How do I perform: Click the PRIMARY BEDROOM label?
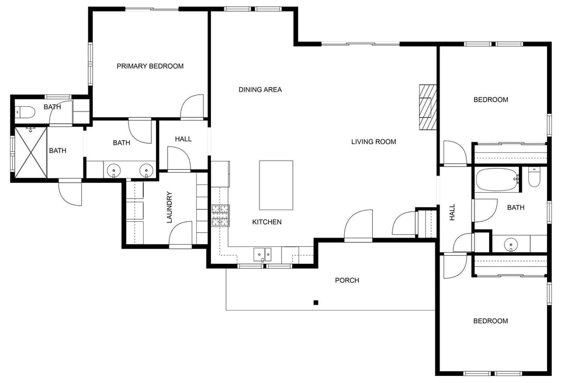150,66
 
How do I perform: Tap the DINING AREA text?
260,89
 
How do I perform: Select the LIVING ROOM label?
373,141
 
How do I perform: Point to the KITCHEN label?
266,222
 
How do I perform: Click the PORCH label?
347,280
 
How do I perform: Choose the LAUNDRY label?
169,207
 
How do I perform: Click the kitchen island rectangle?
276,185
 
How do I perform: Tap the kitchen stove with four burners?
220,216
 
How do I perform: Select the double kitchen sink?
262,255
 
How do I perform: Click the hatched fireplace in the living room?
428,107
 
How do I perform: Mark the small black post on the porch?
316,302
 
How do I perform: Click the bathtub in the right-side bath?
497,180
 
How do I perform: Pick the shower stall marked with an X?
30,152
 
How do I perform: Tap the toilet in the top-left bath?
26,112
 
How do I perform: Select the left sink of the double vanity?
114,170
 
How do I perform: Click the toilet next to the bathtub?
534,177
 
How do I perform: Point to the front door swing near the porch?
358,227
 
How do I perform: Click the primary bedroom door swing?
192,107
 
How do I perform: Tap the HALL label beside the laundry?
183,139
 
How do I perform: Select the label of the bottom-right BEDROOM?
490,321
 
